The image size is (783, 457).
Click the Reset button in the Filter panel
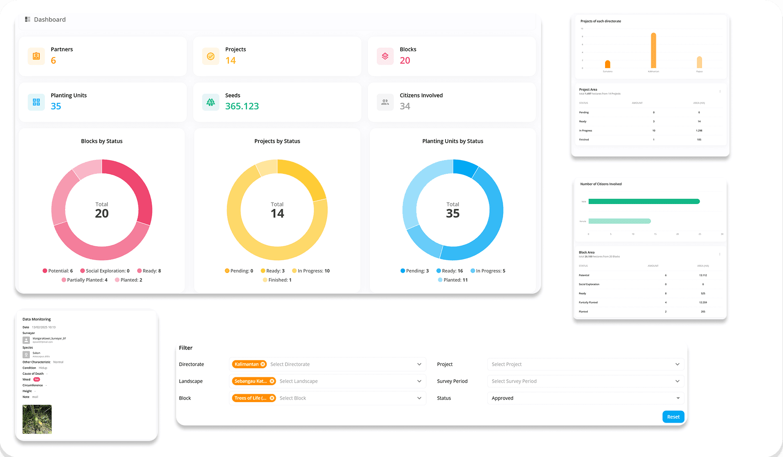[x=673, y=417]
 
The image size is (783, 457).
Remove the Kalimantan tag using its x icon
[x=263, y=364]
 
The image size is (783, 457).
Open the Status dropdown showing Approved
[x=585, y=398]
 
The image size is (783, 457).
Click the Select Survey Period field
[x=585, y=381]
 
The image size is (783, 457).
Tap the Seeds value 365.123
[x=242, y=106]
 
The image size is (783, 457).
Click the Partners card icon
[x=36, y=56]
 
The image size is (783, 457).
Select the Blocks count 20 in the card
[x=405, y=60]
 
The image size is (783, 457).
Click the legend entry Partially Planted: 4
[x=85, y=280]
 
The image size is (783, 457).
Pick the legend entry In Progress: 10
[x=311, y=271]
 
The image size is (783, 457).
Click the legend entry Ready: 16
[x=450, y=271]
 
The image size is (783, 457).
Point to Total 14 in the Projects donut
[x=277, y=210]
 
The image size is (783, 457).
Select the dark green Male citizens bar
[x=644, y=201]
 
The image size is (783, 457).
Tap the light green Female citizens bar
[x=619, y=221]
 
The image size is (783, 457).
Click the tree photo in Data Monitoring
[x=37, y=419]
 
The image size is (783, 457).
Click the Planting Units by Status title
[x=452, y=141]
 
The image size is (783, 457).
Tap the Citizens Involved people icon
[x=385, y=102]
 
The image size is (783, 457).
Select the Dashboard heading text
[x=50, y=19]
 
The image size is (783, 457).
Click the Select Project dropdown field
[x=585, y=364]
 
